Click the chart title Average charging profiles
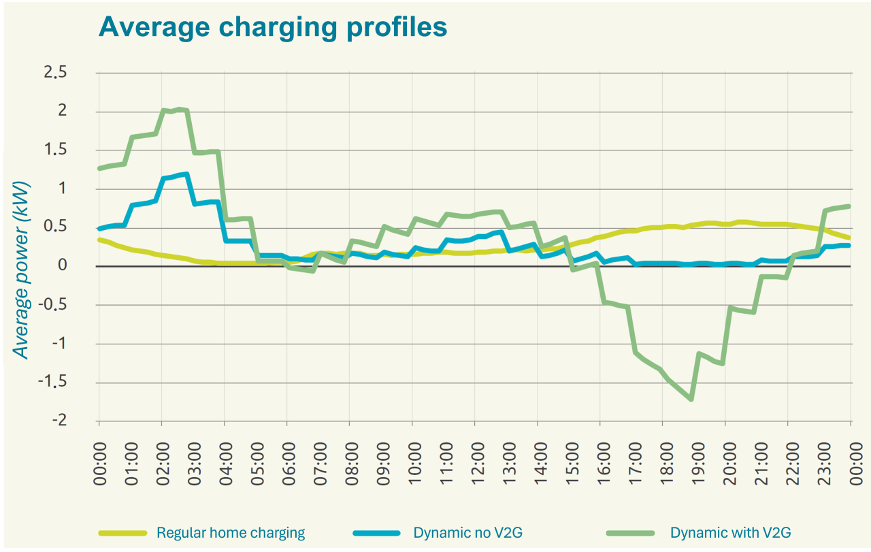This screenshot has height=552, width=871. [x=273, y=27]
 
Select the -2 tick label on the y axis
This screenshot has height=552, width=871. [x=61, y=421]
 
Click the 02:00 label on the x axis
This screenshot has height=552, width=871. [x=161, y=464]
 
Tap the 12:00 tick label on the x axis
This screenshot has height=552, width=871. [x=474, y=464]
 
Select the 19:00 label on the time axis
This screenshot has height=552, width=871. [x=693, y=464]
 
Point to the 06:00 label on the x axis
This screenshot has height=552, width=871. [x=286, y=464]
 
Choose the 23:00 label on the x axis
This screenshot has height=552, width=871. [x=819, y=464]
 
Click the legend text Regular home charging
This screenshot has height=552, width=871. [x=231, y=533]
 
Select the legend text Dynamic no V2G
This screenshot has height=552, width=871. [x=468, y=533]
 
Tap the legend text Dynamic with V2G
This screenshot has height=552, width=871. [x=730, y=533]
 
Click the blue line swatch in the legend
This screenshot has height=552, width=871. [x=377, y=533]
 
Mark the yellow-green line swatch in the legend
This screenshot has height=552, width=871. [x=122, y=533]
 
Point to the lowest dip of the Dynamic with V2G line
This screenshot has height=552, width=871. [x=691, y=400]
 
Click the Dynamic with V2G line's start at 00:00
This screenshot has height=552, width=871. [x=99, y=168]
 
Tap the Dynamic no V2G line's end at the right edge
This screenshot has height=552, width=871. [x=850, y=245]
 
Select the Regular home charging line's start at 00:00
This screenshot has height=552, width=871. [x=99, y=239]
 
